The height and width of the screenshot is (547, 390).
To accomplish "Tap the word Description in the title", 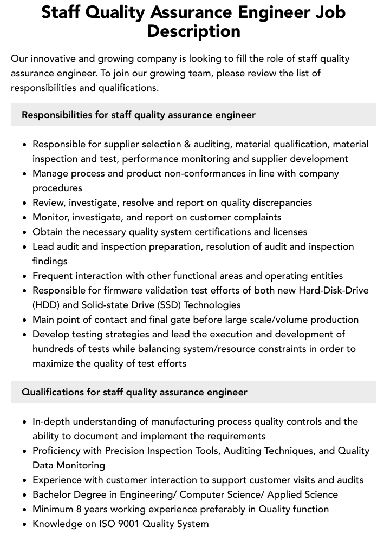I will pos(193,31).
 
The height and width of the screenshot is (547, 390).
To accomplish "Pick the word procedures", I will pos(57,188).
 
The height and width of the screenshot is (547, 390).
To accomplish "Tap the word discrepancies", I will pos(280,203).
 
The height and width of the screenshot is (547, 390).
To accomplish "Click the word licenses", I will pos(287,232).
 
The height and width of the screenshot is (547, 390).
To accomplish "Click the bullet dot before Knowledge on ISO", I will pos(25,524).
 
